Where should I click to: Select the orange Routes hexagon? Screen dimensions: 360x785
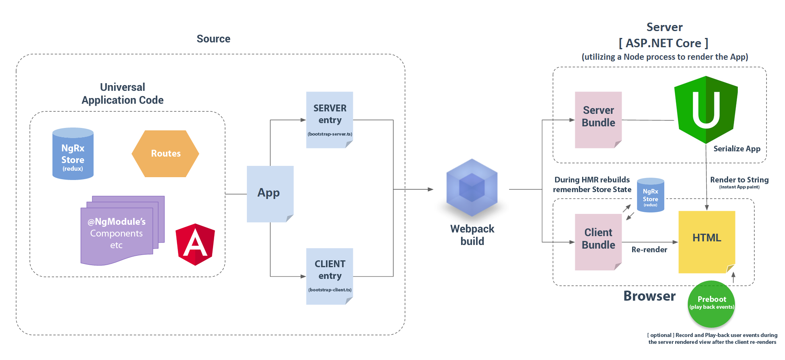165,153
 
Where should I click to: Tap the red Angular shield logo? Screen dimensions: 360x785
195,245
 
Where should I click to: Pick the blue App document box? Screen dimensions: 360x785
269,193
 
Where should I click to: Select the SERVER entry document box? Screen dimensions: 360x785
330,119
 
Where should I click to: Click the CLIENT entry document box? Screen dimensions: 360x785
330,276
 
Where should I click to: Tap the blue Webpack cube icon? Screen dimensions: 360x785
472,187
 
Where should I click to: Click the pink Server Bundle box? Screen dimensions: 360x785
598,119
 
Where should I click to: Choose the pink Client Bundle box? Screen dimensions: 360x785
598,241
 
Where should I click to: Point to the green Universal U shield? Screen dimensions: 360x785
706,109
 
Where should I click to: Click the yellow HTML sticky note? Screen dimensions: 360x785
707,241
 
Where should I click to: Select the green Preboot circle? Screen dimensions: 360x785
712,303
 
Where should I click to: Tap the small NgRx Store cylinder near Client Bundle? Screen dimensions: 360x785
650,195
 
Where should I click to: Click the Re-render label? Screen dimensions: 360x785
649,250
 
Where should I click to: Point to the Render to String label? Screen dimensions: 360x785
739,180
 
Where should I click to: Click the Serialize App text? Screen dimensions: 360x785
737,149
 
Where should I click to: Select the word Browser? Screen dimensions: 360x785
649,296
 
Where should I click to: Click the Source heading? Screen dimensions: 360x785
213,39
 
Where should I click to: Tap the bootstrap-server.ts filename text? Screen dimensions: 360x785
330,134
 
